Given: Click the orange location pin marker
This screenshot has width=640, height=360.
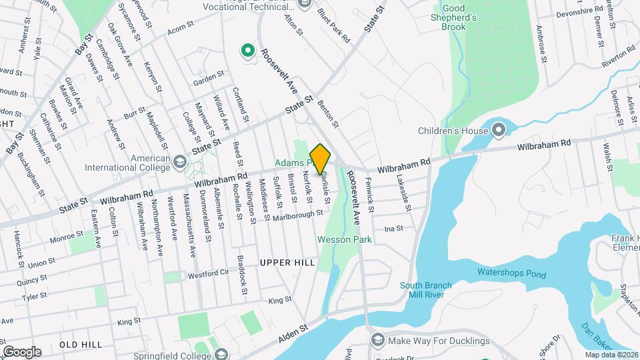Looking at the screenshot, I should click(x=321, y=158).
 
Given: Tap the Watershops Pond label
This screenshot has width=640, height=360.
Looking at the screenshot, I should click(x=511, y=273).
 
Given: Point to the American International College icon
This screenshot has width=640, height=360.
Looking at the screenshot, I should click(x=179, y=161).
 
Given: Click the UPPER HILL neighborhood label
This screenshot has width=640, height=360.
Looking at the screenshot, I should click(x=287, y=263).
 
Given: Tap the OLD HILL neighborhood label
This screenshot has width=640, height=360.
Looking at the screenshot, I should click(x=81, y=344).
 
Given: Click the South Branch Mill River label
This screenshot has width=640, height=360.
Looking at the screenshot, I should click(x=425, y=290).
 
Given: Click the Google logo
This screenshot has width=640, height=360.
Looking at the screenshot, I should click(x=22, y=351).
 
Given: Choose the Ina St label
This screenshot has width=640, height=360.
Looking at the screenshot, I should click(x=394, y=229).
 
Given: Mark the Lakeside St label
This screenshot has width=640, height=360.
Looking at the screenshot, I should click(x=405, y=191).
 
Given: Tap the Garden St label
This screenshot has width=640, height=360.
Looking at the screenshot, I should click(x=209, y=81).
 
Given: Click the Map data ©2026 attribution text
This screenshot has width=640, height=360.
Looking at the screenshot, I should click(x=611, y=355).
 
